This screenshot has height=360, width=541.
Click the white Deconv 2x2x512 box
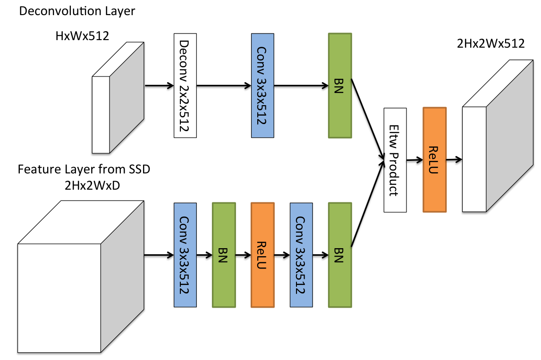(185, 85)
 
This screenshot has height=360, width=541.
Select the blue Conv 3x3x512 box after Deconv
(262, 85)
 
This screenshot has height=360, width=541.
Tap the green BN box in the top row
(339, 85)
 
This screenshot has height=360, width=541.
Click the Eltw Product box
(395, 160)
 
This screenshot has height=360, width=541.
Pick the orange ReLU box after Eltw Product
(434, 159)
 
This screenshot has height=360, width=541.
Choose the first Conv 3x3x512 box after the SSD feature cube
(185, 255)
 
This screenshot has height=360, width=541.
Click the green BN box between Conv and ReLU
(224, 255)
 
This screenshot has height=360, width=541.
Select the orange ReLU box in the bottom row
(262, 255)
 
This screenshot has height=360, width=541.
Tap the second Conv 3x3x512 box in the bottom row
(301, 255)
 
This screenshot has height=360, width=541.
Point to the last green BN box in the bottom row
(339, 255)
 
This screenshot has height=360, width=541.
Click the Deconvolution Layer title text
(77, 11)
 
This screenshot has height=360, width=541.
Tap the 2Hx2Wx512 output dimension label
(490, 44)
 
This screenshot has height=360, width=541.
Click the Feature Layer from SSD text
(84, 169)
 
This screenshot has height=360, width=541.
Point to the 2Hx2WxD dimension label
(92, 185)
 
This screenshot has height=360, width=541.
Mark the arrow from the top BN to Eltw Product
(367, 121)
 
